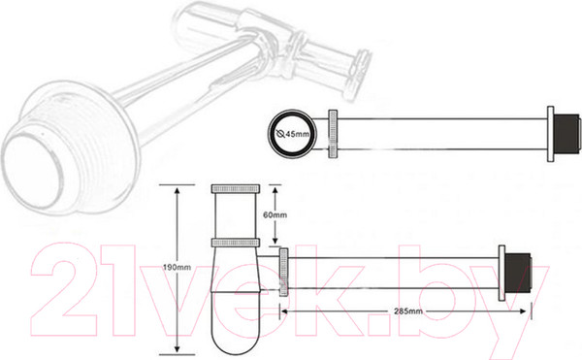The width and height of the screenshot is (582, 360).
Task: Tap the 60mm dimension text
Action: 275,214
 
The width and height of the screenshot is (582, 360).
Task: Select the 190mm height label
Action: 178,267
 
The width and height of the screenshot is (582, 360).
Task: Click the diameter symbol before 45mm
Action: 280,134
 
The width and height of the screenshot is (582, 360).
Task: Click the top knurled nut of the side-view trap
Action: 236,188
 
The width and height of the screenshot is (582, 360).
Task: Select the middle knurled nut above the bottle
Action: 236,243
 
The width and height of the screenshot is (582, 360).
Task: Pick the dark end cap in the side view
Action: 520,273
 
